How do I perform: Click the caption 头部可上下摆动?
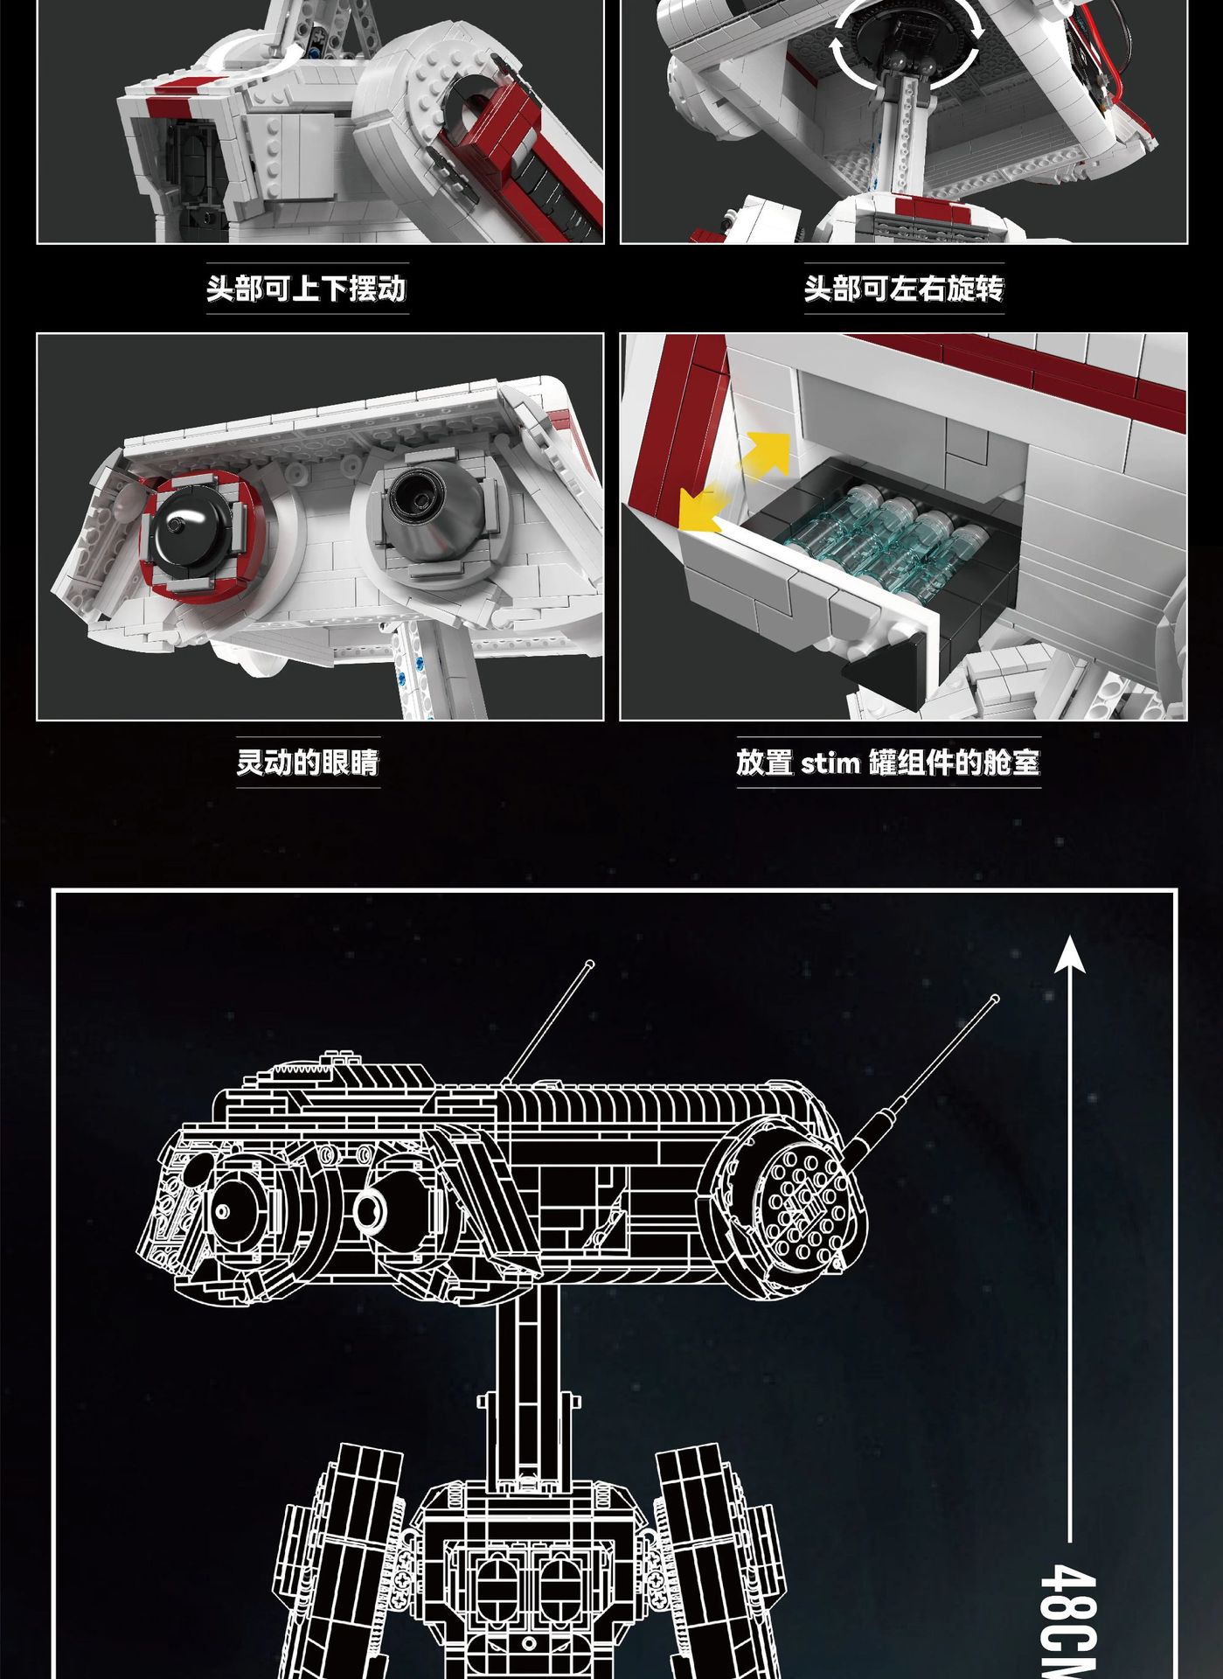[x=307, y=288]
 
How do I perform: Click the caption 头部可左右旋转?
[x=904, y=288]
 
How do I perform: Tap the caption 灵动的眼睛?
[x=308, y=762]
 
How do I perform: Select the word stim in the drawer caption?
[x=830, y=763]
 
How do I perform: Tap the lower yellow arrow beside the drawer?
[x=701, y=511]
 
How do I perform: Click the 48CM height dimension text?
[x=1069, y=1618]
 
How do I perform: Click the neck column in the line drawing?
[x=527, y=1390]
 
